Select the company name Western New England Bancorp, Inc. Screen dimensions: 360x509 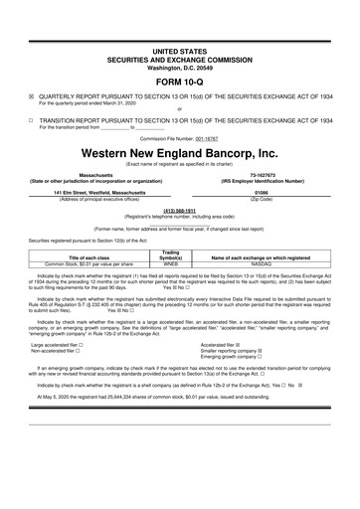tap(179, 156)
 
